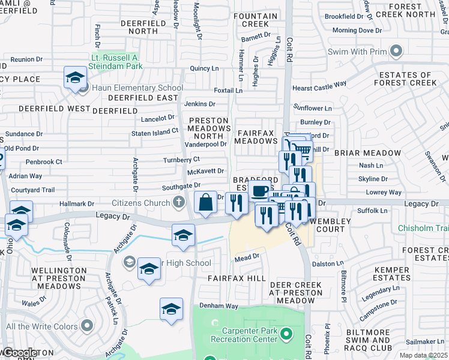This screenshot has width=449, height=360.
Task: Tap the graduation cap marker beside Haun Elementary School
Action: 76,78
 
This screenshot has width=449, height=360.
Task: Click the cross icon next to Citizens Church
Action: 178,203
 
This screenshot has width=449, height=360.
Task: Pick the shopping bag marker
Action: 205,203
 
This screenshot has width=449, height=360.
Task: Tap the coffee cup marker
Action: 260,192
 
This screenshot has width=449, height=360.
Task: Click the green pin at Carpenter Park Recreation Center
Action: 286,333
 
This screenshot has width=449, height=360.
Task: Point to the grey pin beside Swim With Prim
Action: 396,51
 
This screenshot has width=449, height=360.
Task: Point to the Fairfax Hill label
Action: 236,279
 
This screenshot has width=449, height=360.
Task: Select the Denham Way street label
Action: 220,306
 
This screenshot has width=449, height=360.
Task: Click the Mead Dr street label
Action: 247,257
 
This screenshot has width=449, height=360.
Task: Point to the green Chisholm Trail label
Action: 424,229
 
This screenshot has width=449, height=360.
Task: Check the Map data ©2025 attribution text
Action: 424,355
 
